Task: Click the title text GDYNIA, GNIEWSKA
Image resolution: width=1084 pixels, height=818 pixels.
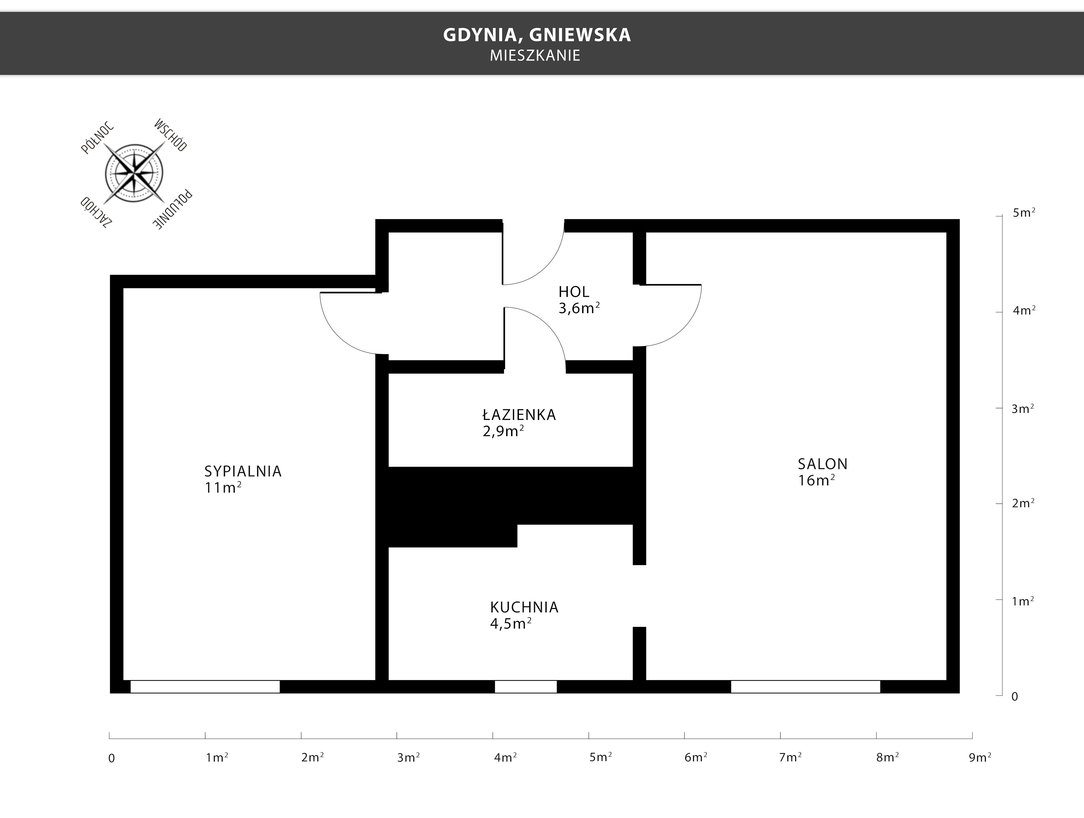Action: [537, 35]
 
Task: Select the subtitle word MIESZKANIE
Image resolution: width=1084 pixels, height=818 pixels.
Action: [535, 55]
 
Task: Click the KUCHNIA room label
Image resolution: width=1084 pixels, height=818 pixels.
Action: [524, 607]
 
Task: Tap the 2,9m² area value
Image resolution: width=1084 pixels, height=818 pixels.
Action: [503, 431]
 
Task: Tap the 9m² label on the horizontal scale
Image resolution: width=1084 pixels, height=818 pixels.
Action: [980, 757]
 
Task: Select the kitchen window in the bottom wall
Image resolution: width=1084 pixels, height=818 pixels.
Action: [526, 687]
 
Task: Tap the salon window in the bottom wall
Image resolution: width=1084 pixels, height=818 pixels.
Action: [806, 687]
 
